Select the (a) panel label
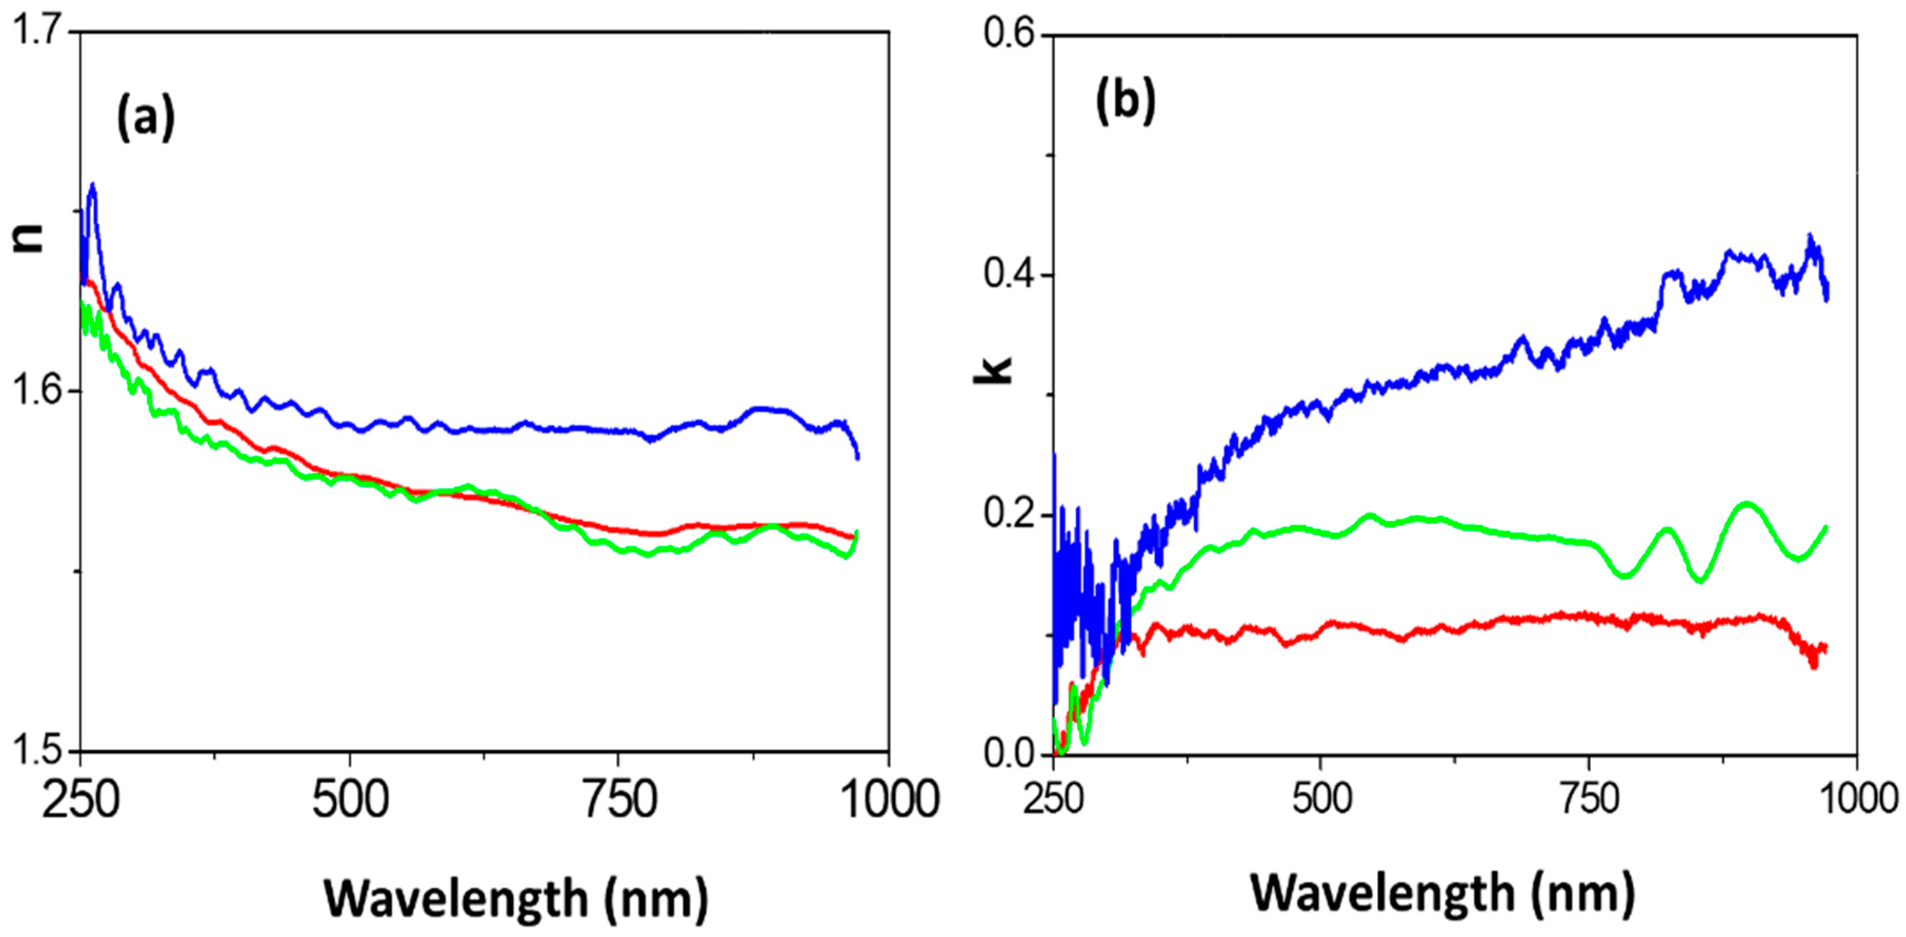146,118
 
